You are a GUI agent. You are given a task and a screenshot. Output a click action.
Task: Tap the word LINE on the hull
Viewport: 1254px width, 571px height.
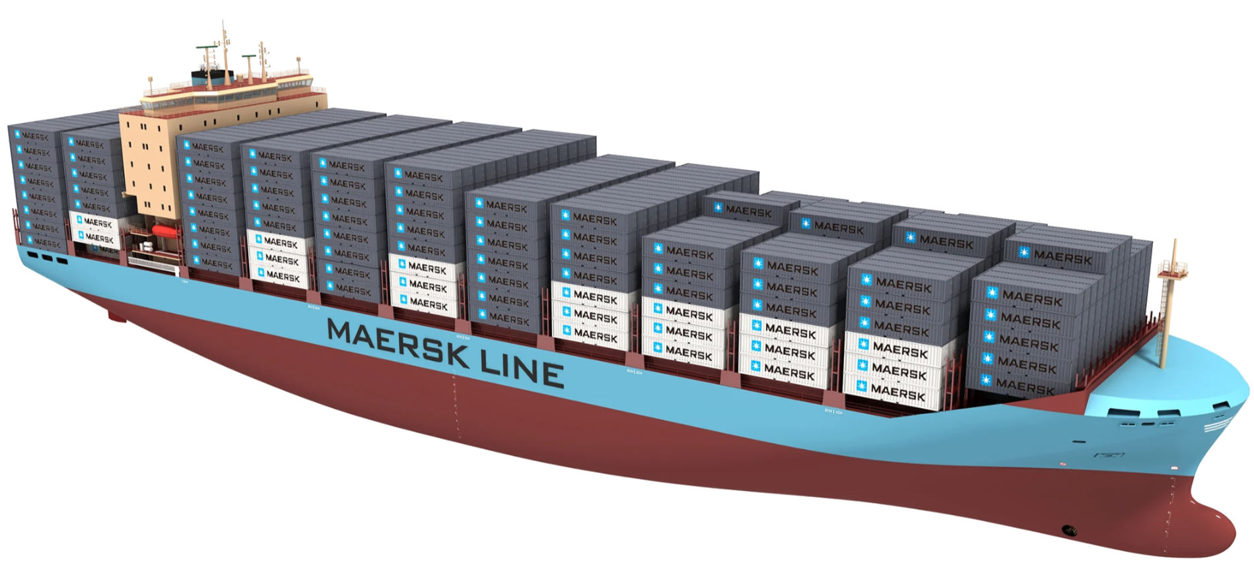(x=522, y=366)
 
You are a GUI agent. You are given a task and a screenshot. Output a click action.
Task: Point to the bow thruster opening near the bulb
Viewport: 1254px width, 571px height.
(x=1069, y=530)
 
